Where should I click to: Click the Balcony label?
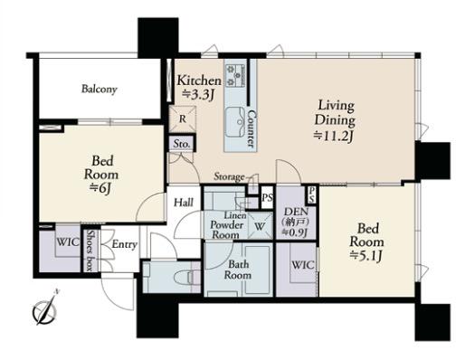click(x=100, y=90)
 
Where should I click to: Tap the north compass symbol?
click(x=44, y=309)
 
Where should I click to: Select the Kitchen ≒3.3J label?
click(x=199, y=88)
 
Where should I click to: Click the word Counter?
click(x=252, y=128)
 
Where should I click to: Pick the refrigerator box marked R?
click(x=182, y=118)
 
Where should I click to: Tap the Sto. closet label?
click(x=182, y=144)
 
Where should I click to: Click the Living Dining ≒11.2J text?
click(x=335, y=121)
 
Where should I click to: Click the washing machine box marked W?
click(x=260, y=226)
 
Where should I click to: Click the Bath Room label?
click(x=238, y=270)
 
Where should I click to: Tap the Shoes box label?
click(x=90, y=251)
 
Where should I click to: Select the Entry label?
click(x=125, y=244)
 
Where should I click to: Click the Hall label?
click(x=184, y=203)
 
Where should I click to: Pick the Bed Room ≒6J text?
click(x=101, y=175)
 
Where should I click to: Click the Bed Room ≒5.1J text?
click(x=366, y=242)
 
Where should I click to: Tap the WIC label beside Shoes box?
click(x=68, y=242)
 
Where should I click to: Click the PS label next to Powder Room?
click(x=268, y=198)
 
